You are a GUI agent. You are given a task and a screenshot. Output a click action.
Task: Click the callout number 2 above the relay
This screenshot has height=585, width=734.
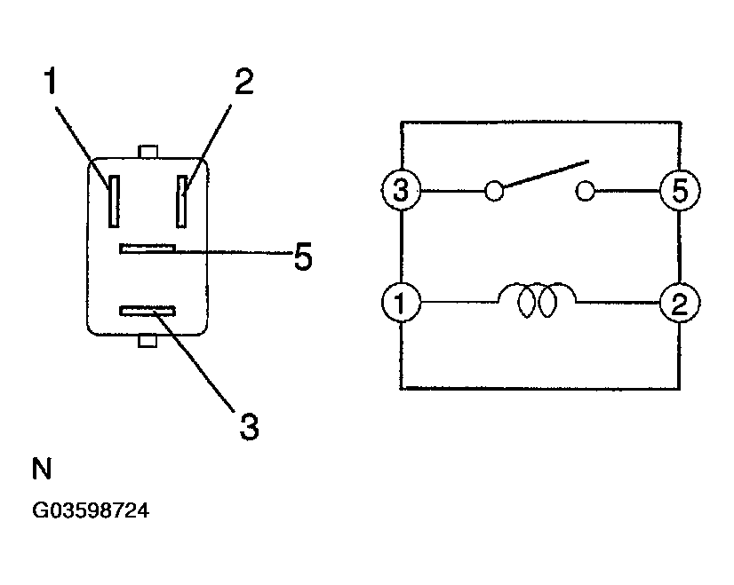pyautogui.click(x=243, y=81)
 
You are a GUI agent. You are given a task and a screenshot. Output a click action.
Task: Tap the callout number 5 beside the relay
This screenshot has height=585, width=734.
pyautogui.click(x=303, y=257)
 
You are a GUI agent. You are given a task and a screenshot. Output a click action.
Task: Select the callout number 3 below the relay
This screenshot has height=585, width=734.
pyautogui.click(x=249, y=426)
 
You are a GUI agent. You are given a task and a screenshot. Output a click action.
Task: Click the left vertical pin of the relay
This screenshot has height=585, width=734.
pyautogui.click(x=114, y=202)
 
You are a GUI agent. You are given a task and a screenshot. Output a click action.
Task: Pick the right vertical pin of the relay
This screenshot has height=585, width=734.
pyautogui.click(x=181, y=202)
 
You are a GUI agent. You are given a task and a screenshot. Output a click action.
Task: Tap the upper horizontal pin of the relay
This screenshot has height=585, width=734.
pyautogui.click(x=148, y=249)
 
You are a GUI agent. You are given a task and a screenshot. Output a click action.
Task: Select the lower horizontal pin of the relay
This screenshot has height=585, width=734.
pyautogui.click(x=148, y=311)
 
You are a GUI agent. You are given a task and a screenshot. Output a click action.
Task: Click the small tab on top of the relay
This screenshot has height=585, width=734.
pyautogui.click(x=148, y=152)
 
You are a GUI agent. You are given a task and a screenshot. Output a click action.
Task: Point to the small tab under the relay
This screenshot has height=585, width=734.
pyautogui.click(x=148, y=341)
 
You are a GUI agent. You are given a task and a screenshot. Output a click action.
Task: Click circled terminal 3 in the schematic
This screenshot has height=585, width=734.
pyautogui.click(x=401, y=190)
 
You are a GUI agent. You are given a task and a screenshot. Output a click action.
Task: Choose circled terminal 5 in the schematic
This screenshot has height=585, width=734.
pyautogui.click(x=680, y=190)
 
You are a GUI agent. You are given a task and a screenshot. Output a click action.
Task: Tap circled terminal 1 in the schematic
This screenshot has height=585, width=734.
pyautogui.click(x=401, y=302)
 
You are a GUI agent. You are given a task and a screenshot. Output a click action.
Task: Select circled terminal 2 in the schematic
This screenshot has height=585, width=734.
pyautogui.click(x=680, y=303)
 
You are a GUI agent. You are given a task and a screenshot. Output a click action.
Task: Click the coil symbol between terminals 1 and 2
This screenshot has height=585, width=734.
pyautogui.click(x=537, y=300)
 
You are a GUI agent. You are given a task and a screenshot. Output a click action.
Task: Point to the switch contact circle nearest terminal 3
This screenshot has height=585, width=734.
pyautogui.click(x=494, y=191)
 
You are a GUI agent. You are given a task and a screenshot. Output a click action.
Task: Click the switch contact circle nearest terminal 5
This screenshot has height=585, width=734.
pyautogui.click(x=585, y=191)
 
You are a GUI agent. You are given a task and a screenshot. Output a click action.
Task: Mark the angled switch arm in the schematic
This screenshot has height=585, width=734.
pyautogui.click(x=546, y=174)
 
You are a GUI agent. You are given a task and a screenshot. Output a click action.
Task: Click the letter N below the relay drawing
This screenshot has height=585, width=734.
pyautogui.click(x=42, y=468)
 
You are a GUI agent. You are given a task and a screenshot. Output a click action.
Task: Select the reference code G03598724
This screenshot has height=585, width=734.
pyautogui.click(x=91, y=510)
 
